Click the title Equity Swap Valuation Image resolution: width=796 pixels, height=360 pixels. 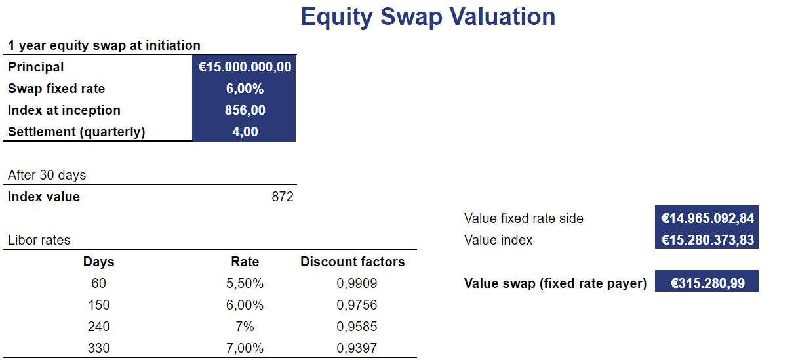click(x=428, y=17)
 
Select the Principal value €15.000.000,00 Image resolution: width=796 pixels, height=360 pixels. click(x=245, y=67)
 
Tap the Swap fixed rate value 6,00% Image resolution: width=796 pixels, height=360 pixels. click(x=245, y=89)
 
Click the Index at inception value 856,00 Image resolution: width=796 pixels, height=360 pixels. click(x=245, y=110)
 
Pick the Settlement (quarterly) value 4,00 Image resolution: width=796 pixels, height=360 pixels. click(x=245, y=132)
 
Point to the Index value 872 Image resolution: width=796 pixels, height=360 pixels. click(x=283, y=197)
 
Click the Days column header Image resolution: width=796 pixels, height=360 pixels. click(x=98, y=262)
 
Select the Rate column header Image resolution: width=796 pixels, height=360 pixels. click(x=245, y=262)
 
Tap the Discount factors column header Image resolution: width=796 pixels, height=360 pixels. click(x=352, y=262)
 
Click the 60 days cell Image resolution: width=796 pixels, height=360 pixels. click(x=98, y=283)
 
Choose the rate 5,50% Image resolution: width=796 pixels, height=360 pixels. click(x=245, y=283)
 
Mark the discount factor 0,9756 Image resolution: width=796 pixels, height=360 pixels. click(x=357, y=305)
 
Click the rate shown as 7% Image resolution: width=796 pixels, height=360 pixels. click(x=245, y=327)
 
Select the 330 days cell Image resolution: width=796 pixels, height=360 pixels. click(x=98, y=348)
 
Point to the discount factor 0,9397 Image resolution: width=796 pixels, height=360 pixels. click(x=357, y=348)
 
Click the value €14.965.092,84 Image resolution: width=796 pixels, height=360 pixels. click(x=707, y=218)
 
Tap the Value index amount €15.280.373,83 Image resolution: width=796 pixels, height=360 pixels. click(x=707, y=240)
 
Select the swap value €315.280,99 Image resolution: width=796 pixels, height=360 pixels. click(x=707, y=283)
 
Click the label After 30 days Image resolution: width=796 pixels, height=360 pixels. click(x=47, y=175)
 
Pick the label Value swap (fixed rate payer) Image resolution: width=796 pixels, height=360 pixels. click(x=555, y=283)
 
